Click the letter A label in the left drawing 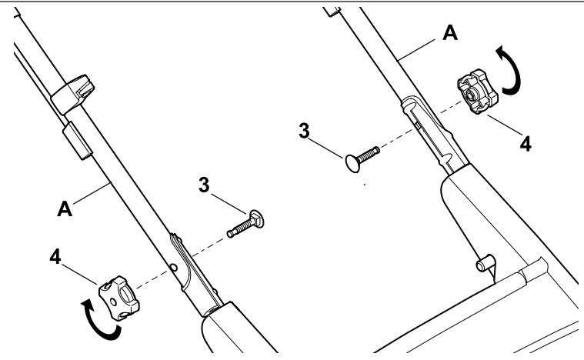65,209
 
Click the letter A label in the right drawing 450,33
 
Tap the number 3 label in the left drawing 204,185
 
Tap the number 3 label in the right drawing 304,132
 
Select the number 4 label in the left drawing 55,257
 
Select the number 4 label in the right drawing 526,144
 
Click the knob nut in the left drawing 118,298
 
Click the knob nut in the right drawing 478,92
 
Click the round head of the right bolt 352,164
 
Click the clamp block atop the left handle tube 72,94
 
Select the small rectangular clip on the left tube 77,141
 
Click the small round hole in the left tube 173,267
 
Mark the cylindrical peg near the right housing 486,263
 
